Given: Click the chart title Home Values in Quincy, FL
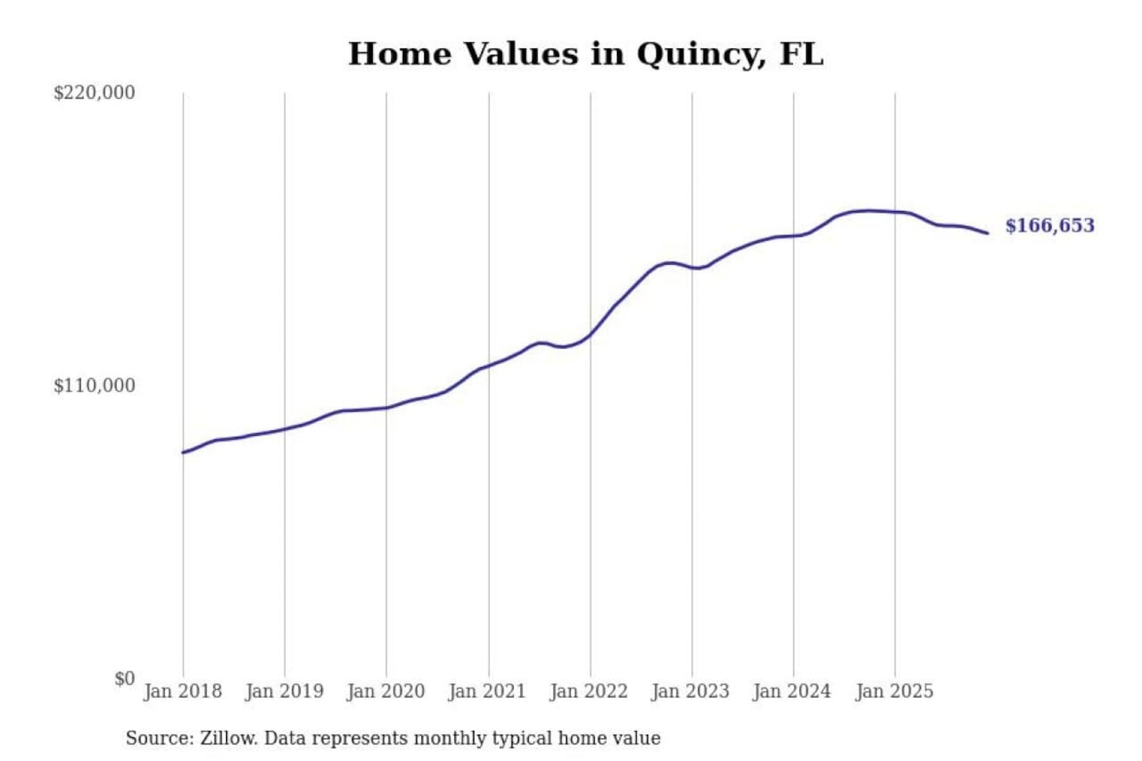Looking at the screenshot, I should tap(585, 54).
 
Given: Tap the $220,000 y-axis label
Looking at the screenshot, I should tap(94, 93).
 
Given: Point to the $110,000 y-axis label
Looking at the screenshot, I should tap(94, 386).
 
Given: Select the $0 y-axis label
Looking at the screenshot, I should tap(125, 679).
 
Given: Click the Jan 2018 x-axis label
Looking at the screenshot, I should tap(182, 691).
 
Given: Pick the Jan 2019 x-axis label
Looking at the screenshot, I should tap(284, 691).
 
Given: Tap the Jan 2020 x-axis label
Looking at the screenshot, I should tap(385, 691).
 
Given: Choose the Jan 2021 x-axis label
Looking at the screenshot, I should tap(487, 691).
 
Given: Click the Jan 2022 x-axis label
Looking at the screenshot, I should tap(588, 691).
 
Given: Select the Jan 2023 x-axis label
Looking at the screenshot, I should tap(690, 691).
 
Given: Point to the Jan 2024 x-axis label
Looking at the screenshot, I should tap(791, 691).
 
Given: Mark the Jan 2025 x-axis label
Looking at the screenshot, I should tap(894, 691).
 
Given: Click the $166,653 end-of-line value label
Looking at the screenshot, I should tap(1049, 226).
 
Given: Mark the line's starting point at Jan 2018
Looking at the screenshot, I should tap(183, 453).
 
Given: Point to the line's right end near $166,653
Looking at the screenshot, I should tap(987, 233).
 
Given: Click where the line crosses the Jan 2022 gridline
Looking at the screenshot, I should tap(590, 334).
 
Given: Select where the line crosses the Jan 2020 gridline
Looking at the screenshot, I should tap(387, 407).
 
